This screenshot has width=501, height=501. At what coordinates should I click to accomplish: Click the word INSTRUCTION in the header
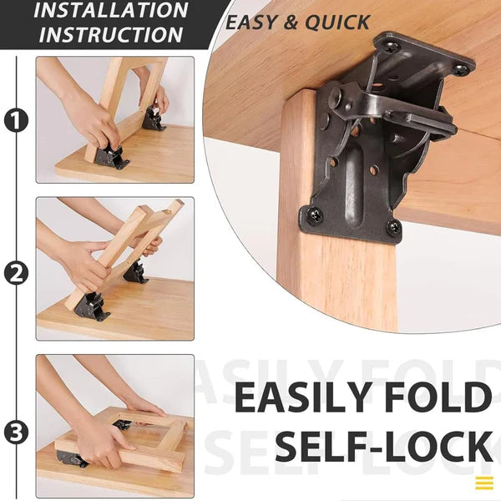point(111,35)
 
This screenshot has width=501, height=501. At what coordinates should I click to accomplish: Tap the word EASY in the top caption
point(254,23)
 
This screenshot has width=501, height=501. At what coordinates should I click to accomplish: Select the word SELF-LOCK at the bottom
point(383,448)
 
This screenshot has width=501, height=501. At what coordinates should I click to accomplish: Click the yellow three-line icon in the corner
point(484,483)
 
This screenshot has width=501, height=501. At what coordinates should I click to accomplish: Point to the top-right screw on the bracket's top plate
point(458,69)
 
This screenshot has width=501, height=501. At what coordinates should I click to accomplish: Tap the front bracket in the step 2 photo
point(90,306)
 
